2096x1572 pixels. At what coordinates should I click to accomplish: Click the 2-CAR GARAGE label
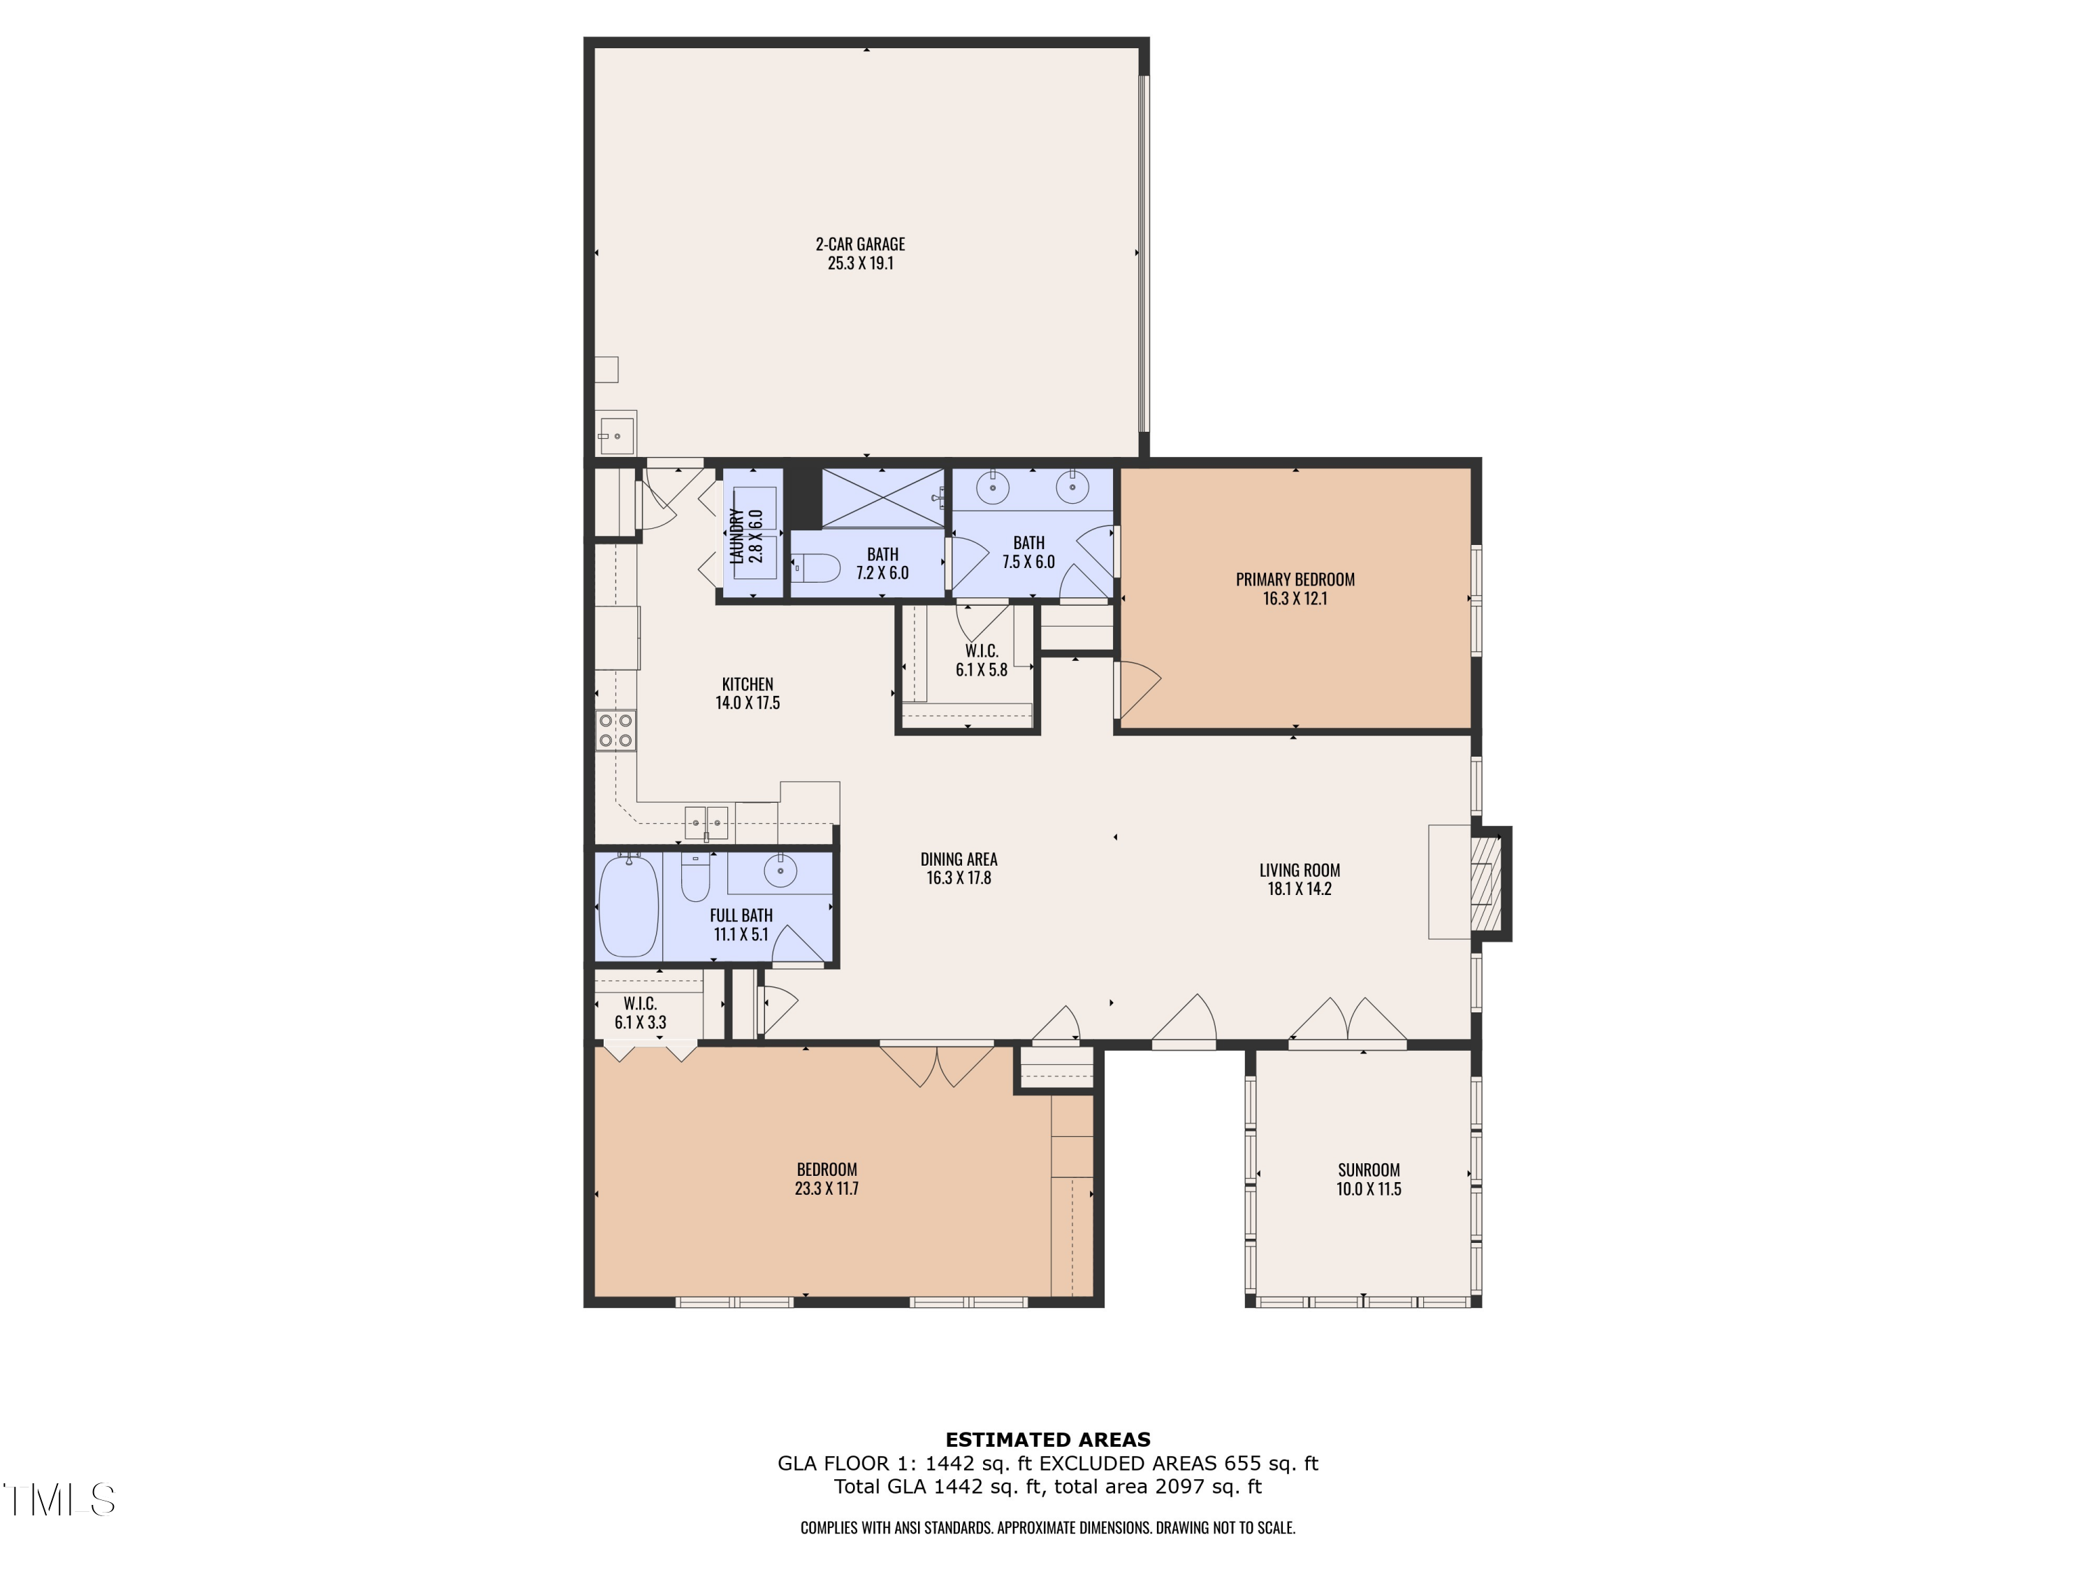coord(859,245)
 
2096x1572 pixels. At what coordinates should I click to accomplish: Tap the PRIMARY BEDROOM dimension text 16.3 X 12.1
coord(1295,599)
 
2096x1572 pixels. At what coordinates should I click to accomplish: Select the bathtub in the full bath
coord(628,906)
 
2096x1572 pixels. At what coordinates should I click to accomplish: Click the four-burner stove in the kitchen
coord(616,729)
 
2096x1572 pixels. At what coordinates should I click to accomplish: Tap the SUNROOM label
coord(1368,1170)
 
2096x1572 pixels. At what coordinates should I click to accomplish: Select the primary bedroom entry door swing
coord(1137,689)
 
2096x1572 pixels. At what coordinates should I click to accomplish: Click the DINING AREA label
coord(958,859)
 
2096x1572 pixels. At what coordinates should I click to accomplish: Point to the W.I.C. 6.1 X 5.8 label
coord(981,660)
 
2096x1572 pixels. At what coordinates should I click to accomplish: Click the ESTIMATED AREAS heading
coord(1047,1439)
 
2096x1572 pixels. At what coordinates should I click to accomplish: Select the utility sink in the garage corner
coord(616,435)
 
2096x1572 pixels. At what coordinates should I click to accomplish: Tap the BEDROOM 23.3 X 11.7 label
coord(827,1179)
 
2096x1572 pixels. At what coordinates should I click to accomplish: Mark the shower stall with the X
coord(882,497)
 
